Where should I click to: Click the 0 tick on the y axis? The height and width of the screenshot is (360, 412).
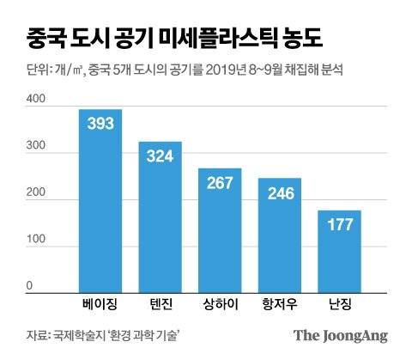(x=29, y=286)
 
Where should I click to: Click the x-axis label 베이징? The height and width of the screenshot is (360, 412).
(x=100, y=306)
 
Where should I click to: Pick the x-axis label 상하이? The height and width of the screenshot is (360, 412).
(x=221, y=306)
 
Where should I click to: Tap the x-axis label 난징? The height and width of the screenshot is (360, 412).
(x=341, y=306)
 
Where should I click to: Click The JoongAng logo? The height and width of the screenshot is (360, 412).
(x=341, y=336)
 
